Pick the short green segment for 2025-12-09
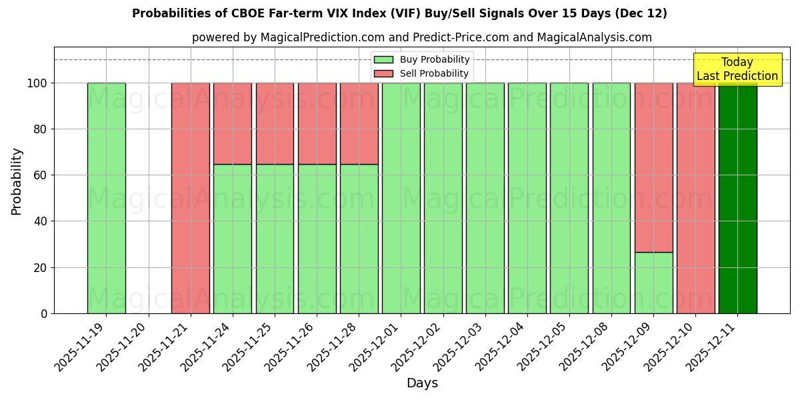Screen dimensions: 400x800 [x=653, y=283]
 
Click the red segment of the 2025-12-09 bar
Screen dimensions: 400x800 [x=653, y=167]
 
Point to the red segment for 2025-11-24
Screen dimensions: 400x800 [x=233, y=123]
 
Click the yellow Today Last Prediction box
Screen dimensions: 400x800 [x=737, y=69]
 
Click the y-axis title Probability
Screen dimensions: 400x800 [x=17, y=181]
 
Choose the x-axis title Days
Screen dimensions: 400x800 [x=422, y=383]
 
